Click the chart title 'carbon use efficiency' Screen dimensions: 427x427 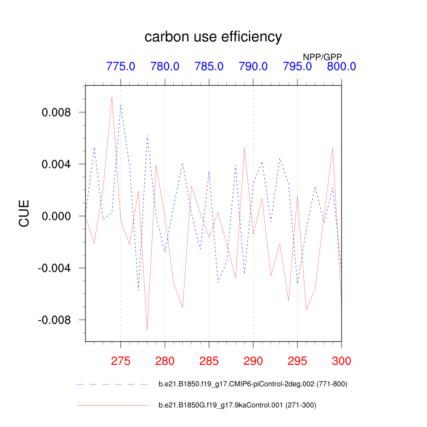tap(213, 37)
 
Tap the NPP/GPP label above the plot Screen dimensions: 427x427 tap(325, 57)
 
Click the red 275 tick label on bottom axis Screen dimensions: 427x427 tap(121, 361)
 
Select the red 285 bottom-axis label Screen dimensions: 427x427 tap(209, 361)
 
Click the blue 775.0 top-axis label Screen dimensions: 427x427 tap(121, 66)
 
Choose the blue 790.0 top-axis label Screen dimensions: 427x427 tap(253, 66)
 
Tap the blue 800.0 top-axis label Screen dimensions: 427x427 tap(341, 66)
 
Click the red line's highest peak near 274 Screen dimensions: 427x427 tap(112, 97)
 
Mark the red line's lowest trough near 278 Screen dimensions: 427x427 tap(147, 330)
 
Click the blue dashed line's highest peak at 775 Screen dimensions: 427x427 tap(121, 105)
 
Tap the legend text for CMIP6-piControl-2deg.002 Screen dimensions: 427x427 tap(253, 384)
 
